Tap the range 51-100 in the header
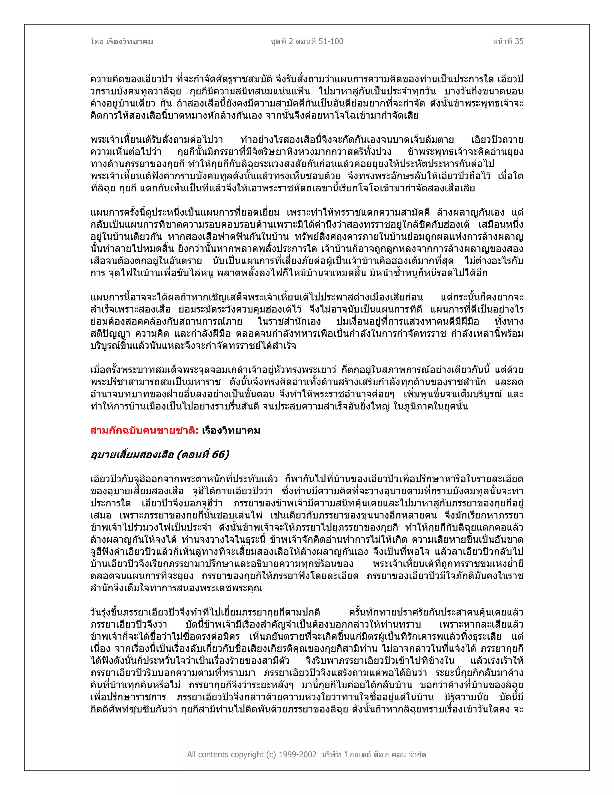tap(331, 41)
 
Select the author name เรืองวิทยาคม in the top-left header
tap(130, 41)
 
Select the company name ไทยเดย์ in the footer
tap(357, 754)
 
